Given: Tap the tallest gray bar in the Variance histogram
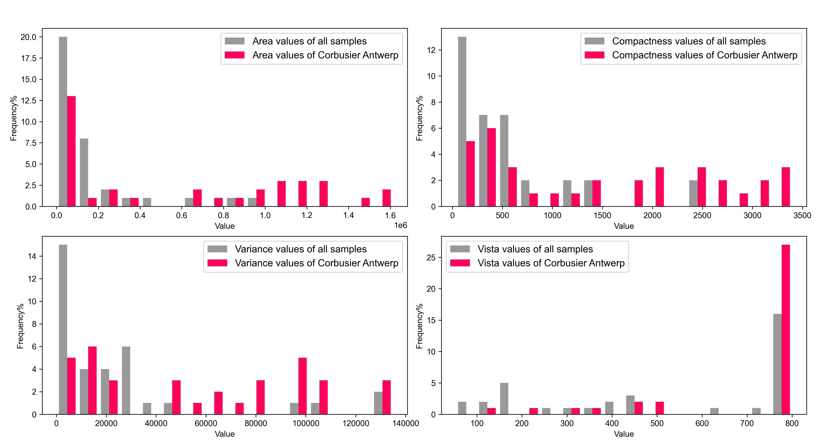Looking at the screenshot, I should (63, 329).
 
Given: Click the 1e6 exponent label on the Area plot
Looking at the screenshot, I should (400, 225).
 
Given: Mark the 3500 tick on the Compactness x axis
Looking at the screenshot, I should (802, 215).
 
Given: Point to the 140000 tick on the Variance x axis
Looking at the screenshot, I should (405, 423).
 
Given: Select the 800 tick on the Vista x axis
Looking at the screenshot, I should (791, 423).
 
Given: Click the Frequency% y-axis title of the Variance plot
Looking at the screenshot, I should (20, 326).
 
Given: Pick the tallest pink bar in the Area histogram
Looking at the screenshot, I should (71, 151).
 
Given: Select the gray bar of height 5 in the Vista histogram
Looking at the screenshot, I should (504, 398).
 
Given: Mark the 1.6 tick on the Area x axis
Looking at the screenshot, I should (390, 215).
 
